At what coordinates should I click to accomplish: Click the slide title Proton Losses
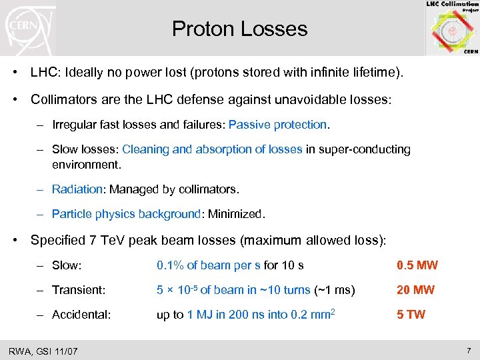click(x=239, y=29)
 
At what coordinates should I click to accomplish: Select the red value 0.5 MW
click(x=417, y=265)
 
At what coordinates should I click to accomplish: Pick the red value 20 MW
click(x=415, y=290)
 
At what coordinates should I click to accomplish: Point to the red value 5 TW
click(x=411, y=315)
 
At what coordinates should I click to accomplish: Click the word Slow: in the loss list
click(x=67, y=265)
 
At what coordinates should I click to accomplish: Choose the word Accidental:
click(x=81, y=315)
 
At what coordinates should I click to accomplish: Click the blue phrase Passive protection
click(x=278, y=125)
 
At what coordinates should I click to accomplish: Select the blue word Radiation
click(x=77, y=190)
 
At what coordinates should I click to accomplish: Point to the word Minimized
click(x=235, y=215)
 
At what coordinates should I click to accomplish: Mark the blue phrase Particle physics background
click(x=126, y=215)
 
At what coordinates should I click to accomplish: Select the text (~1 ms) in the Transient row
click(x=335, y=290)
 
